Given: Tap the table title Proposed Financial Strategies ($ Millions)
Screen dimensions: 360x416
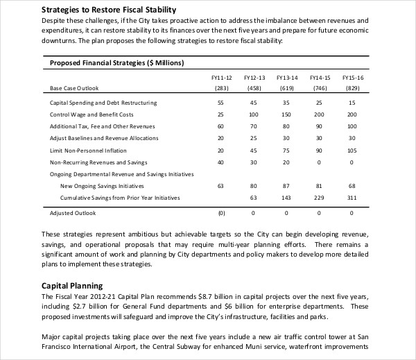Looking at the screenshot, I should coord(115,63).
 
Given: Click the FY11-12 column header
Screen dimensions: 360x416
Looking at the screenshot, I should coord(222,79).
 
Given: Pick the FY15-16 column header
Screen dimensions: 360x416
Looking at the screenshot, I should coord(352,79).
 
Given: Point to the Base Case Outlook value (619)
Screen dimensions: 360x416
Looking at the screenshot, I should coord(287,88).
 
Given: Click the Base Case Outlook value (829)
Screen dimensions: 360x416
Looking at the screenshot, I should coord(352,88).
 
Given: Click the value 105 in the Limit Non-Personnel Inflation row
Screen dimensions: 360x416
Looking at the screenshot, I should coord(352,150).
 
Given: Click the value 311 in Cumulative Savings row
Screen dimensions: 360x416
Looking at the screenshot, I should coord(352,198).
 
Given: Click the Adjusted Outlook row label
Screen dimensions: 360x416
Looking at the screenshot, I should coord(73,213).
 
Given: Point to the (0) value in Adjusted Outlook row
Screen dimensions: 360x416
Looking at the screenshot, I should coord(222,213).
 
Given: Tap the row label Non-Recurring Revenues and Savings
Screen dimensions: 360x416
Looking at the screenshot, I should coord(98,162).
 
